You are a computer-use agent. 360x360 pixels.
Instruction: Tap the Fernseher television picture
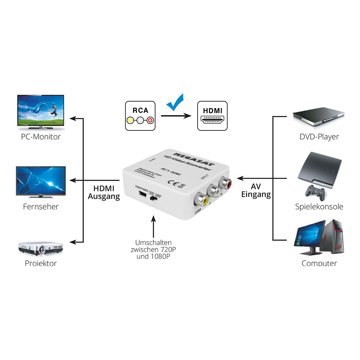coord(41,181)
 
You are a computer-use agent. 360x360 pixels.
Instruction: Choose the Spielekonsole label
coord(319,207)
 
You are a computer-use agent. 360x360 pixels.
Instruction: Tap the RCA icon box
coord(140,115)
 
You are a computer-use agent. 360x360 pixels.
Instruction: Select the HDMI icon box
coord(212,115)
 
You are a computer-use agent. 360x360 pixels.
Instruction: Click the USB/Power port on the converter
coord(142,194)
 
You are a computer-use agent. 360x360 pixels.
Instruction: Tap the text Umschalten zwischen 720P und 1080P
coord(153,249)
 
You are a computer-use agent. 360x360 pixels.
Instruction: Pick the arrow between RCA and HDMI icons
coord(175,116)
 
